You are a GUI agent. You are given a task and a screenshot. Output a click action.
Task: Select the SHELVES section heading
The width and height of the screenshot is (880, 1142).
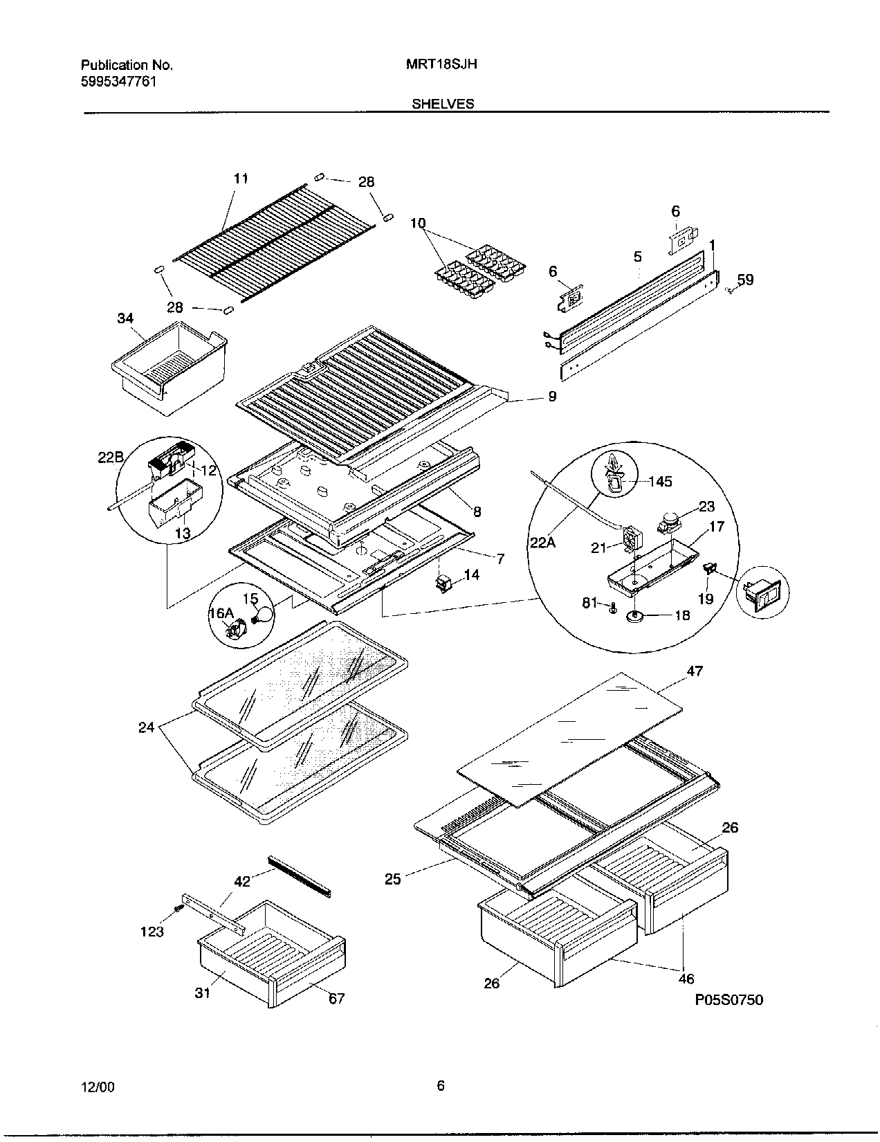click(x=443, y=104)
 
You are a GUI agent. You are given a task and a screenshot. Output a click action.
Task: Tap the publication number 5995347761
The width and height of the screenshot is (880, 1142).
click(x=118, y=81)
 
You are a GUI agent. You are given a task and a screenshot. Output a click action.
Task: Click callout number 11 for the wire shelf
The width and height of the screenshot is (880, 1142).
click(x=240, y=179)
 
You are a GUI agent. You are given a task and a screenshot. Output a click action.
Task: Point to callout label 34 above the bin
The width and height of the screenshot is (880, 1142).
click(x=125, y=318)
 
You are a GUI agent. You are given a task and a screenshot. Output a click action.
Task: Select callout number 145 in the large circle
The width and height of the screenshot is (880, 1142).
click(x=661, y=481)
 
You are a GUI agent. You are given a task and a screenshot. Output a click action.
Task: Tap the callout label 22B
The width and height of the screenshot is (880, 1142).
click(x=110, y=458)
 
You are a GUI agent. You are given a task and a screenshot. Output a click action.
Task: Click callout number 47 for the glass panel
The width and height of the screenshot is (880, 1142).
click(x=695, y=671)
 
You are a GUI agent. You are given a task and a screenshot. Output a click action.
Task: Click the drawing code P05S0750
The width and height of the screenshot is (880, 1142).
click(x=729, y=999)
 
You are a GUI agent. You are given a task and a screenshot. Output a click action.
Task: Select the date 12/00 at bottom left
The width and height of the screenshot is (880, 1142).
click(x=98, y=1087)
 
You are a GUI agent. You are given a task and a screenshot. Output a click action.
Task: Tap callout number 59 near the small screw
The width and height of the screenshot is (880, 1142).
click(x=745, y=280)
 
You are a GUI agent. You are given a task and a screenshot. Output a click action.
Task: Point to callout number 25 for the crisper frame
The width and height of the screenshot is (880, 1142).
click(x=393, y=880)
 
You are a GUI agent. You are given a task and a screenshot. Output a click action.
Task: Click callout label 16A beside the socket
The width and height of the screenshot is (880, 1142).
click(x=221, y=613)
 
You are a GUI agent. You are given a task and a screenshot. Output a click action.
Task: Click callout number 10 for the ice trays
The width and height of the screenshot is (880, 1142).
click(x=418, y=223)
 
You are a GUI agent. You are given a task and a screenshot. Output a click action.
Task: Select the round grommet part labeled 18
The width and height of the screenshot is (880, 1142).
click(x=635, y=615)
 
